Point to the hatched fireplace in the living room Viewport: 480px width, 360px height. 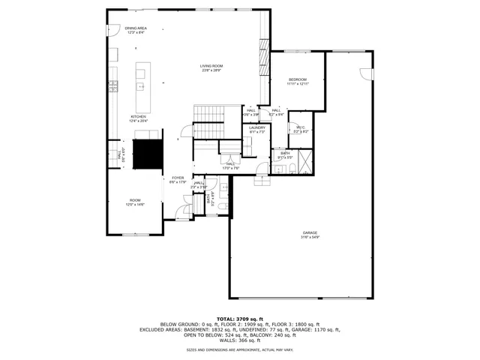pos(264,54)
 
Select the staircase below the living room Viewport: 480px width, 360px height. pos(210,113)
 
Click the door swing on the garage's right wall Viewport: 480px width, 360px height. pos(365,73)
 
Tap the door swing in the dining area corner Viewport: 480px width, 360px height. pos(112,29)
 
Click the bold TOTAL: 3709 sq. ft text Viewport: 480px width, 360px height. pos(239,319)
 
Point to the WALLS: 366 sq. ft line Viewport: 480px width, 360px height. pos(239,340)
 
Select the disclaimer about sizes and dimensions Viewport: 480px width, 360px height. pos(239,349)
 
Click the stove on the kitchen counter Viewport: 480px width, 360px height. pos(113,85)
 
